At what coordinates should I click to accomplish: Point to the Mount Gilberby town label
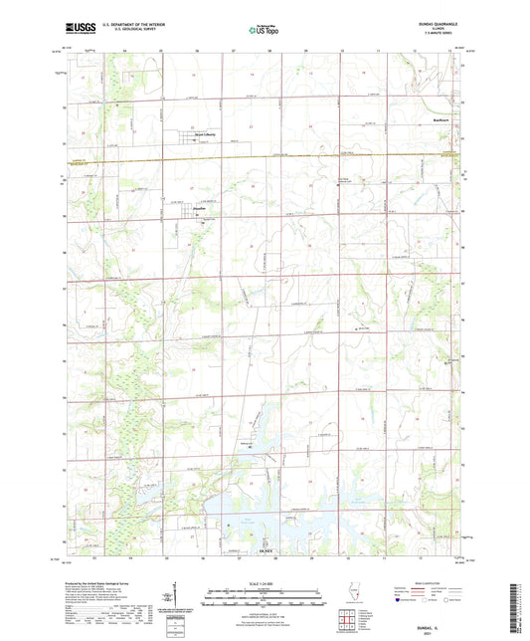[205, 135]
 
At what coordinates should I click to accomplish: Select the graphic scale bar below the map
[265, 600]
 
